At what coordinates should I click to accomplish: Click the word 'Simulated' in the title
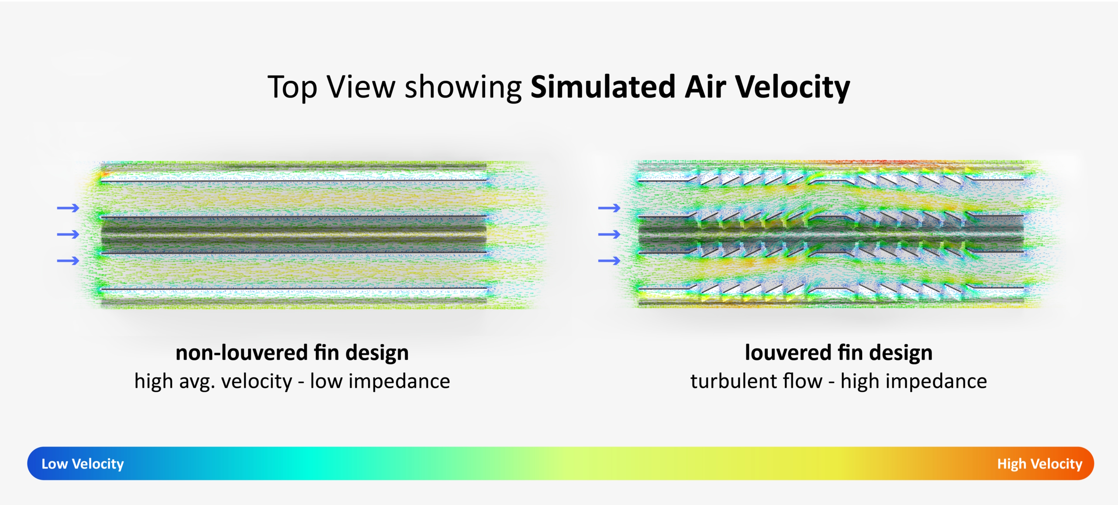[603, 87]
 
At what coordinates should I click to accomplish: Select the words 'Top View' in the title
[331, 87]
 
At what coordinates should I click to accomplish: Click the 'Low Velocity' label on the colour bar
[83, 463]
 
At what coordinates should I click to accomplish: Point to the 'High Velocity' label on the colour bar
[1039, 463]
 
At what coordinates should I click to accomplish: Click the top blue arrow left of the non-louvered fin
[68, 208]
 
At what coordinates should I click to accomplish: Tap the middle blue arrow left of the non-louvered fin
[68, 234]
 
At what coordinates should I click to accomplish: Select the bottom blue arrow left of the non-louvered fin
[68, 261]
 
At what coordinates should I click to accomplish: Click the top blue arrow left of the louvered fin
[609, 208]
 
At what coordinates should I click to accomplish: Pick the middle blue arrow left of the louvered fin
[609, 234]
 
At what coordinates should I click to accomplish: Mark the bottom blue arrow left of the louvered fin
[609, 261]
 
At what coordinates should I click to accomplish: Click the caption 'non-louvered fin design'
[292, 353]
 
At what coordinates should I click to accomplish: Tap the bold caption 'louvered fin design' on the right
[838, 353]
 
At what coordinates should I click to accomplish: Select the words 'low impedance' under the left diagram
[380, 381]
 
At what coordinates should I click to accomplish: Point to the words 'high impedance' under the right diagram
[914, 381]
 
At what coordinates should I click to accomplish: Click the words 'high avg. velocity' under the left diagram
[213, 381]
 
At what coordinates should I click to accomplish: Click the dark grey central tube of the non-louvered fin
[293, 234]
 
